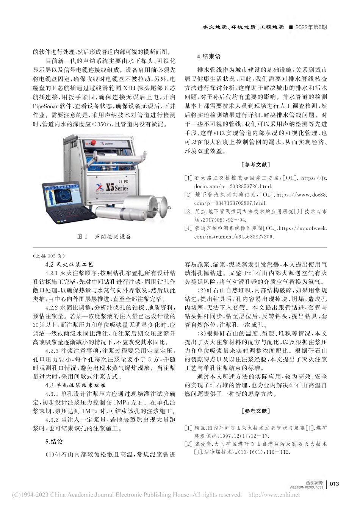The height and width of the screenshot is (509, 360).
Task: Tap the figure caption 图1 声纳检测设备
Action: (x=104, y=236)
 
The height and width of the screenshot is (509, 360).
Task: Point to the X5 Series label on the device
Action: (x=117, y=187)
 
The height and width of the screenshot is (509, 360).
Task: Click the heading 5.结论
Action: (x=53, y=441)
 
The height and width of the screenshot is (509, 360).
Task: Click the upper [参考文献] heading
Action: (x=255, y=164)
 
